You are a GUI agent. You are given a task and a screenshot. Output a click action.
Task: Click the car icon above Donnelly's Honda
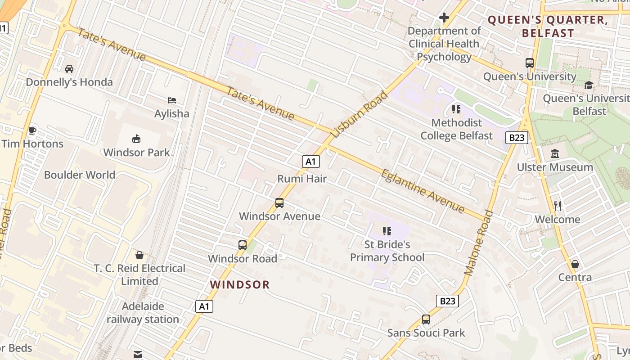pos(69,69)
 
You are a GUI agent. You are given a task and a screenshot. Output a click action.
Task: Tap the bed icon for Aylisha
pos(171,100)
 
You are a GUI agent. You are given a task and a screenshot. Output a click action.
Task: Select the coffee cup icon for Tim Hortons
pos(32,130)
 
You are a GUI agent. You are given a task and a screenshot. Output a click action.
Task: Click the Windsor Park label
pos(137,153)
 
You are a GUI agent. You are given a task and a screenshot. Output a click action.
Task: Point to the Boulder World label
pos(80,175)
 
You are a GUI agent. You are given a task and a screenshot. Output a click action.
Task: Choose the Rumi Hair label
pos(302,179)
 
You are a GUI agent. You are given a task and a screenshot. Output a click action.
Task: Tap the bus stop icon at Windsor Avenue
pos(279,203)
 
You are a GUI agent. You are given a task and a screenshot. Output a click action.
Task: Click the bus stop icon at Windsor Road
pos(243,245)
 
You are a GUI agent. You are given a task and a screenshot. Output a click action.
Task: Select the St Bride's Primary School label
pos(387,251)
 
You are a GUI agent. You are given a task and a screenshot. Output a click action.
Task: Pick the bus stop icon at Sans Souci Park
pos(426,319)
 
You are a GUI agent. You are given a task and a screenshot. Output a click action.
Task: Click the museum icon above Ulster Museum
pos(555,154)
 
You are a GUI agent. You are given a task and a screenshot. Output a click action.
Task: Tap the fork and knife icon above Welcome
pos(558,206)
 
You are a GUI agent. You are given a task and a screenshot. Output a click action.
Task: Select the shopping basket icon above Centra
pos(575,264)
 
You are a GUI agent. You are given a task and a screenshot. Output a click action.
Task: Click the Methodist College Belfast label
pos(456,129)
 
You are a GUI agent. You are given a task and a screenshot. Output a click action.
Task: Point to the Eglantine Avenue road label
pos(423,191)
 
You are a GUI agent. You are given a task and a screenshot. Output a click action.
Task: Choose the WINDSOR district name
pos(240,284)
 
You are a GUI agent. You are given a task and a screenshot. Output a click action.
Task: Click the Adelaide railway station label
pos(143,313)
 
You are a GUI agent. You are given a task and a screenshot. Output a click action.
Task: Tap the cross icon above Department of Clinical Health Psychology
pos(444,18)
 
